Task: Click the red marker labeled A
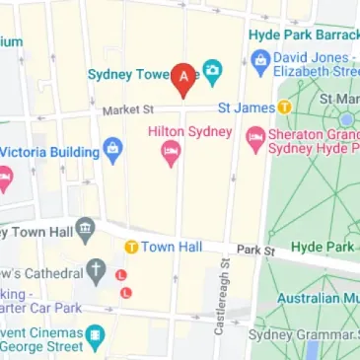point(183,77)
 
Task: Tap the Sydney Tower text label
point(128,74)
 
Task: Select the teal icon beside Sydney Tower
point(211,72)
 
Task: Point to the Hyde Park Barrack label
point(303,33)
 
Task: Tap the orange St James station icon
point(285,107)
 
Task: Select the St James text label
point(247,107)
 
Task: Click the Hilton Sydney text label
point(188,131)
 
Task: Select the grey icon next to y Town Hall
point(86,231)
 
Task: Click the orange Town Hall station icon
point(130,246)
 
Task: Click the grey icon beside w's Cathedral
point(96,269)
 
